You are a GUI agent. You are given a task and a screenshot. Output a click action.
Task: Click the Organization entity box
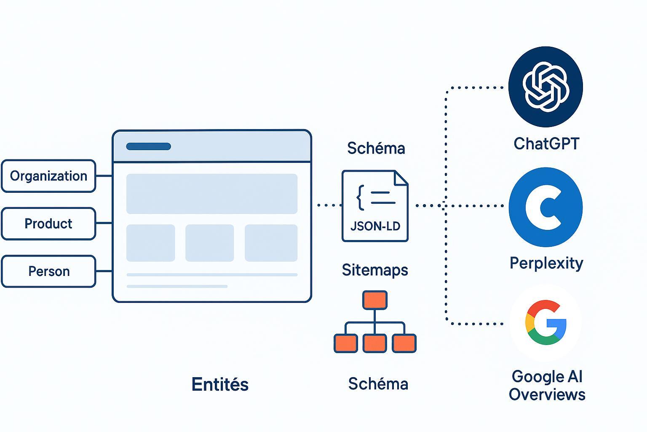tap(48, 176)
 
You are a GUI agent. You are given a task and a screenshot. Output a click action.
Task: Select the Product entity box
tap(48, 224)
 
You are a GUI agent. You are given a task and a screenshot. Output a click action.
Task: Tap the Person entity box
tap(48, 271)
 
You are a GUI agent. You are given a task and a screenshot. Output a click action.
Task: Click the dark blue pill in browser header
tap(148, 146)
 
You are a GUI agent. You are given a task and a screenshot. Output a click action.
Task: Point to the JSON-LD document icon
tap(375, 206)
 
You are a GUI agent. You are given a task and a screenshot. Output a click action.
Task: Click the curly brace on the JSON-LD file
tap(361, 197)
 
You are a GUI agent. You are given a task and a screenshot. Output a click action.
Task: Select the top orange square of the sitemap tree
tap(374, 300)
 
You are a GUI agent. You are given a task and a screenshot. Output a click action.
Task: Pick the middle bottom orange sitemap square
tap(374, 343)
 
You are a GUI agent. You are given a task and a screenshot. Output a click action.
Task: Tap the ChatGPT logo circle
tap(545, 86)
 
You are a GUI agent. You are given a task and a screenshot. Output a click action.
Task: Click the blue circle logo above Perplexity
tap(545, 207)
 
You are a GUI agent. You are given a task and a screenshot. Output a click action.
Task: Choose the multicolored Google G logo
tap(545, 323)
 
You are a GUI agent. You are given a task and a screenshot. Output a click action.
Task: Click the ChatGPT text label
tap(546, 144)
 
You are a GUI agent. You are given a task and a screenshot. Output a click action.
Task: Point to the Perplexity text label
tap(546, 263)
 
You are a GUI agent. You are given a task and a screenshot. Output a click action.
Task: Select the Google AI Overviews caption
tap(547, 386)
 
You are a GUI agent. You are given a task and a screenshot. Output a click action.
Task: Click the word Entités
tap(220, 384)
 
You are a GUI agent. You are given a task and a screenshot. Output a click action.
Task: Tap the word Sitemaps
tap(375, 270)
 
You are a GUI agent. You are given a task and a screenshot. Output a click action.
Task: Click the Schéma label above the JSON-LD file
tap(376, 148)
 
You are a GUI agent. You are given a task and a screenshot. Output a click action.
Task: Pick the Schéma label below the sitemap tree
tap(378, 384)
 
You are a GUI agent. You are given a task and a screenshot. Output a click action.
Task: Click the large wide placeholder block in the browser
tap(212, 194)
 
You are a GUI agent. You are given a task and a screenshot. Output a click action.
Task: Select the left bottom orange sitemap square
tap(346, 343)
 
